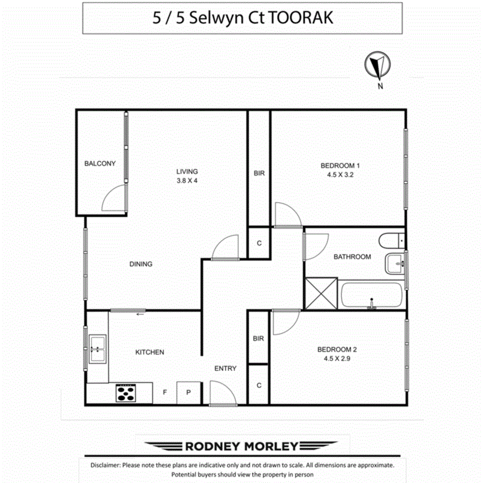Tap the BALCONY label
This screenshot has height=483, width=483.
tap(100, 163)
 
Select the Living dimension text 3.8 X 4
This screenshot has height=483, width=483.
tap(187, 181)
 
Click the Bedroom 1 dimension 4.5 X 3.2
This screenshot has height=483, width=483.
tap(340, 175)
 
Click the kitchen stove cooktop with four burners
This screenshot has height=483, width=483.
tap(126, 393)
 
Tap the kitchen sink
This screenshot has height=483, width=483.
tap(97, 348)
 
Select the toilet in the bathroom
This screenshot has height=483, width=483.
tap(390, 241)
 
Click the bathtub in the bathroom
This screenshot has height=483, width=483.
tap(371, 295)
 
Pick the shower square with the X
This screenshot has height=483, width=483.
tap(321, 293)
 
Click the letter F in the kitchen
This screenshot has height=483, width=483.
tap(164, 392)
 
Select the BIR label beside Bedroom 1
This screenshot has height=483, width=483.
tap(259, 173)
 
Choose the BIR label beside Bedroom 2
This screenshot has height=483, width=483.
tap(259, 338)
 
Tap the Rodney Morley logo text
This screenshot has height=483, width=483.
tap(242, 446)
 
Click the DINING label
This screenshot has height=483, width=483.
tap(141, 264)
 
